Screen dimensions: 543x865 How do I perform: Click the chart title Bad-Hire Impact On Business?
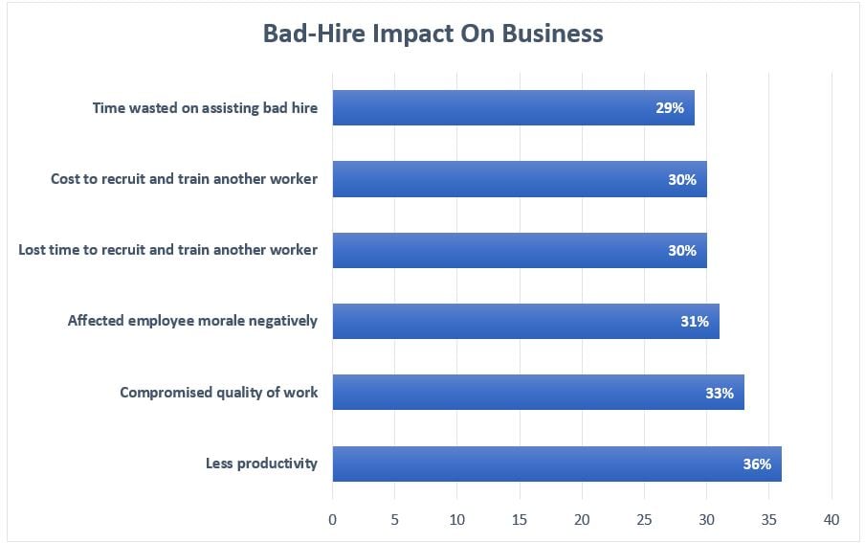tap(432, 34)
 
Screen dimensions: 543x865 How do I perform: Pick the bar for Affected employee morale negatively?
tap(525, 322)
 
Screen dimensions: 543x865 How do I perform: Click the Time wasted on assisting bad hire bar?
tap(513, 108)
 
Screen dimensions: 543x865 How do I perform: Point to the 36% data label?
tap(757, 464)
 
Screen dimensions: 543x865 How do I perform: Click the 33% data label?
tap(720, 393)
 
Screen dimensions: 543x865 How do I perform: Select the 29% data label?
tap(670, 108)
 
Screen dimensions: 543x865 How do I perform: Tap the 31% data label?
tap(695, 322)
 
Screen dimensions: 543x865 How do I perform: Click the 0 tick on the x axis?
tap(333, 519)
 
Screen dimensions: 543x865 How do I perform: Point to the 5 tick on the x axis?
tap(395, 519)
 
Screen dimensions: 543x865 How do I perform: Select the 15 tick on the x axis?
tap(520, 519)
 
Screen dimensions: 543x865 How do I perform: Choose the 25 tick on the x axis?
tap(644, 519)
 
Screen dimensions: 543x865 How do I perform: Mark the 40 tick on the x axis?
tap(831, 519)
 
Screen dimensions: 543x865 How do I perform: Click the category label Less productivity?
tap(261, 464)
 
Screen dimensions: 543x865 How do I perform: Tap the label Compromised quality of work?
tap(218, 393)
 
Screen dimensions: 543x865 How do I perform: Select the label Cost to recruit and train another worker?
tap(184, 179)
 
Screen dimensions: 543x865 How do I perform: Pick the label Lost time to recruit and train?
tap(167, 250)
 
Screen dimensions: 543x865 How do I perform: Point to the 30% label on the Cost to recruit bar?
tap(682, 179)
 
